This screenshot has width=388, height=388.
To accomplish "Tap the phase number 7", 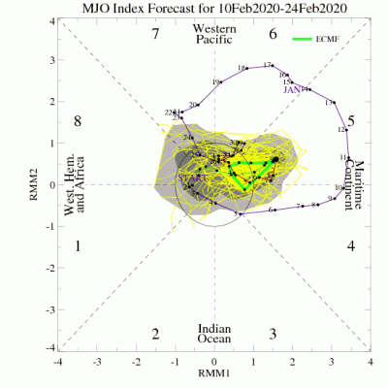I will [155, 35].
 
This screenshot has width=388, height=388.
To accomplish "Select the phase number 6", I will [274, 35].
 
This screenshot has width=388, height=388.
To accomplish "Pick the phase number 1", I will [77, 246].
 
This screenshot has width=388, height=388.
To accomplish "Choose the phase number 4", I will [351, 246].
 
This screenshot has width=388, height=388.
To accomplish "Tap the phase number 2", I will [155, 334].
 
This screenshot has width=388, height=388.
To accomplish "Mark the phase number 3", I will [274, 334].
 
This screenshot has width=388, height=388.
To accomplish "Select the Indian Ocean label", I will [214, 334].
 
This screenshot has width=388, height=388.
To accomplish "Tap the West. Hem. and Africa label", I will [75, 184].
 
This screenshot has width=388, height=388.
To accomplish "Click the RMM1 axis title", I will [214, 372].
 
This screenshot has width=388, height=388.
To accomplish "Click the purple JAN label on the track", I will [295, 90].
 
